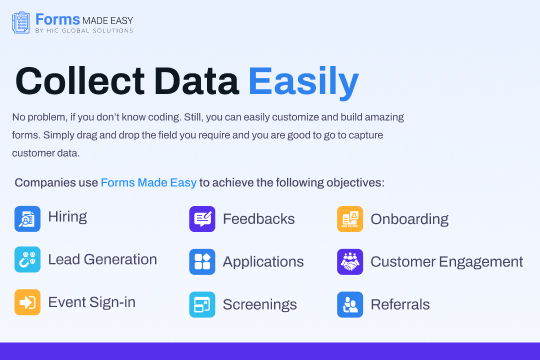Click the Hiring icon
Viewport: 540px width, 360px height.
[28, 218]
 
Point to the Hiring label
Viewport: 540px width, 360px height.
[67, 217]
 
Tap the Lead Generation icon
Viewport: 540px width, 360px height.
[28, 260]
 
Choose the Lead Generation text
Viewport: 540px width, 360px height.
[102, 259]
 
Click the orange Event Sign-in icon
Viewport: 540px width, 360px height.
[28, 303]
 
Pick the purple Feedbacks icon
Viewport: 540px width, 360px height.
[202, 219]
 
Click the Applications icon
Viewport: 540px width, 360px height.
[202, 262]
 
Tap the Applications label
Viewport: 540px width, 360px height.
[263, 262]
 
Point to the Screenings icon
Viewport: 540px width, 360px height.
[202, 304]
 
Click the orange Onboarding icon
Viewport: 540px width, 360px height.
[350, 219]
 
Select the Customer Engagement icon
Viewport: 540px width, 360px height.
[350, 262]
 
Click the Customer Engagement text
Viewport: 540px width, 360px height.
[446, 262]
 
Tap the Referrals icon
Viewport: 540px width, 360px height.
[350, 304]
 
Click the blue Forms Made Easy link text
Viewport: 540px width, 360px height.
[148, 183]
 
